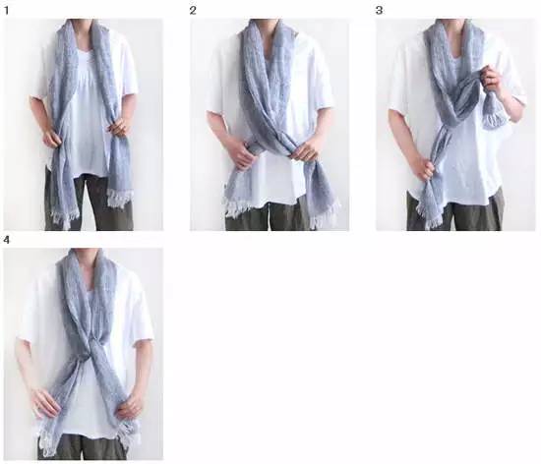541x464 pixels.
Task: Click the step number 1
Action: (7, 11)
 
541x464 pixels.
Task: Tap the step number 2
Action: (193, 11)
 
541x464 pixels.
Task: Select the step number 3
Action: (379, 11)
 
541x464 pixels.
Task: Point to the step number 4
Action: (7, 240)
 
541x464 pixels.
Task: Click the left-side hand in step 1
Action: (52, 138)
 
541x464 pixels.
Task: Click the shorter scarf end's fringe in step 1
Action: (119, 199)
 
